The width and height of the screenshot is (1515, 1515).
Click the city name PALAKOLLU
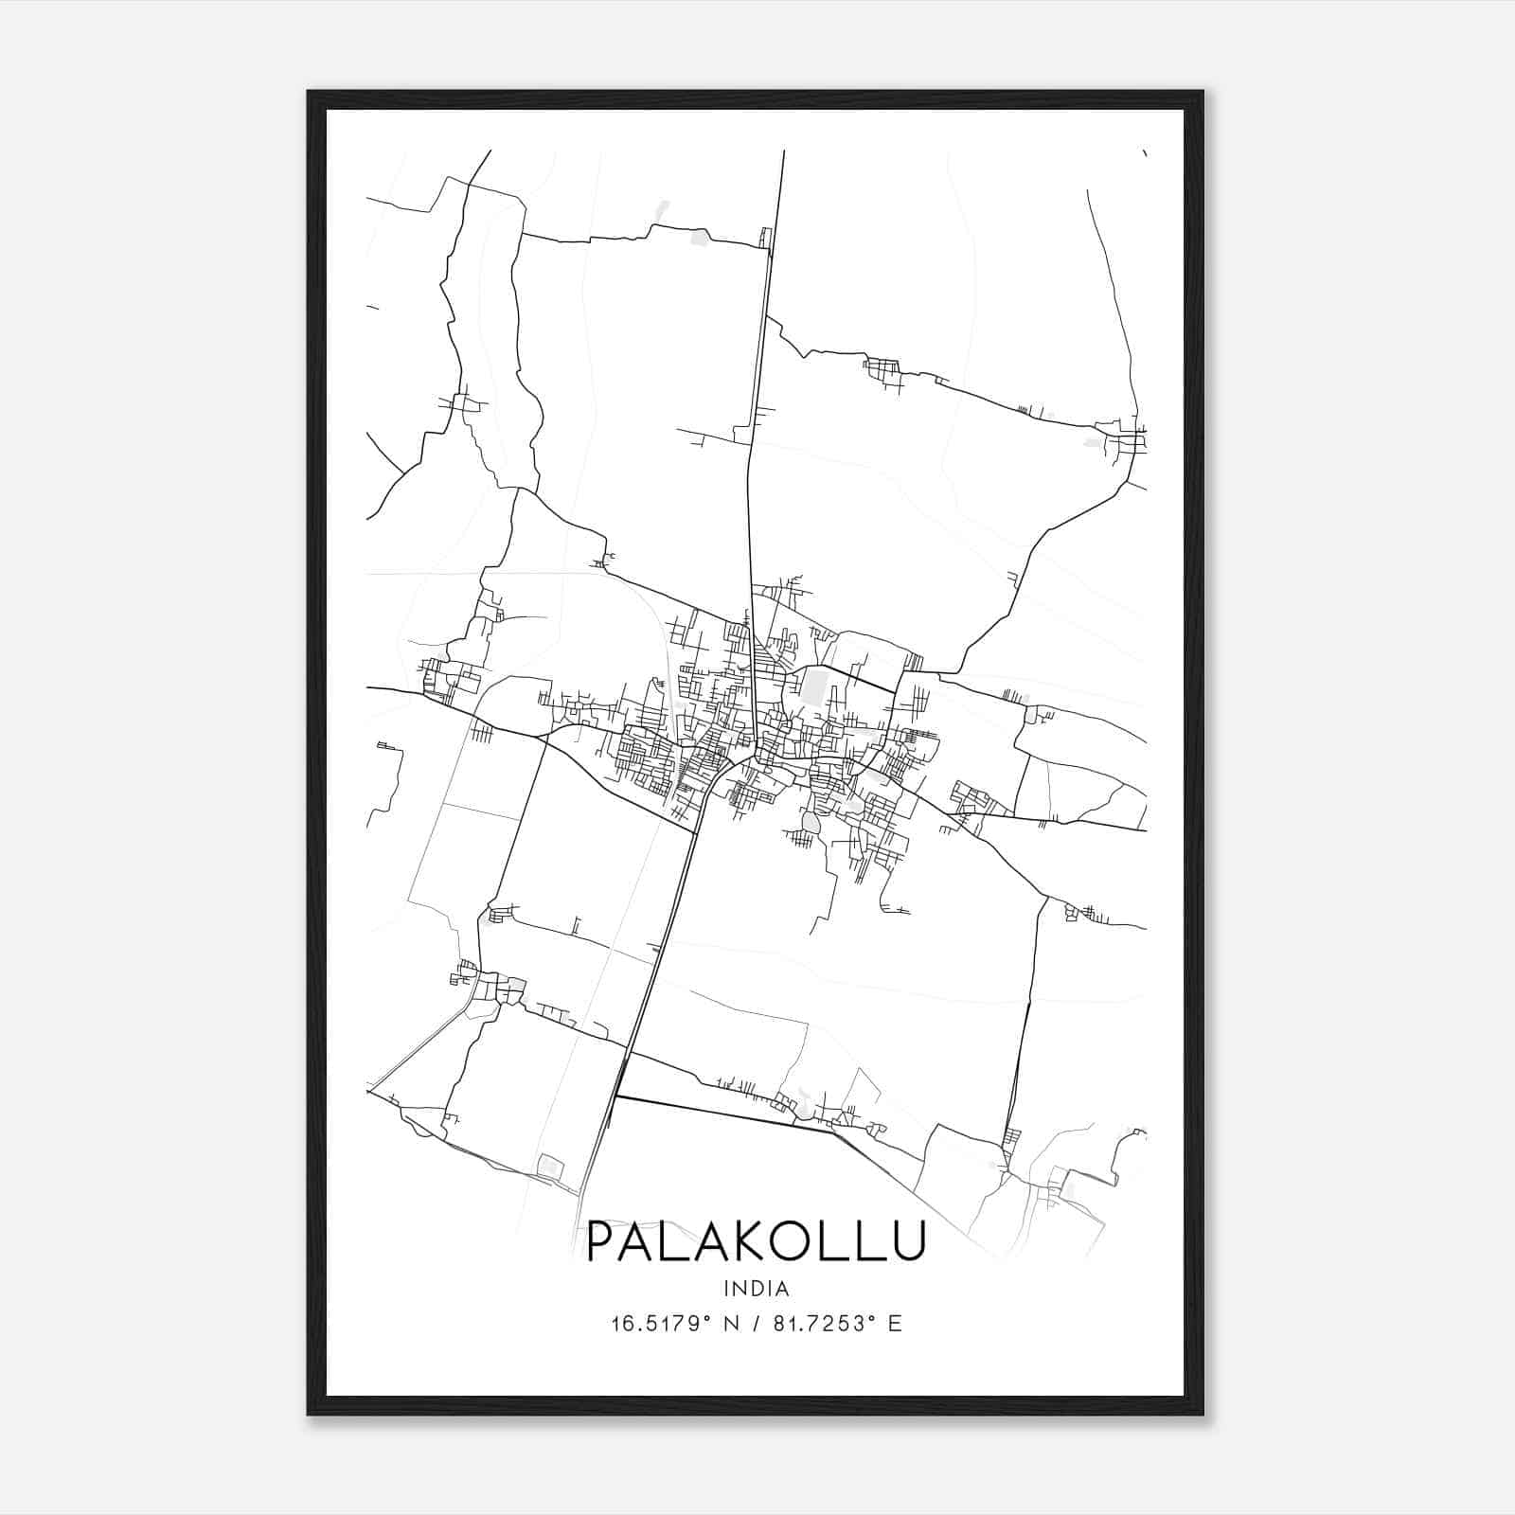click(x=756, y=1241)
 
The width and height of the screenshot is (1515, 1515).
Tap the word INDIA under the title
click(x=756, y=1289)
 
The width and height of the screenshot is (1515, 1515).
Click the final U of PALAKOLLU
click(x=903, y=1241)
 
